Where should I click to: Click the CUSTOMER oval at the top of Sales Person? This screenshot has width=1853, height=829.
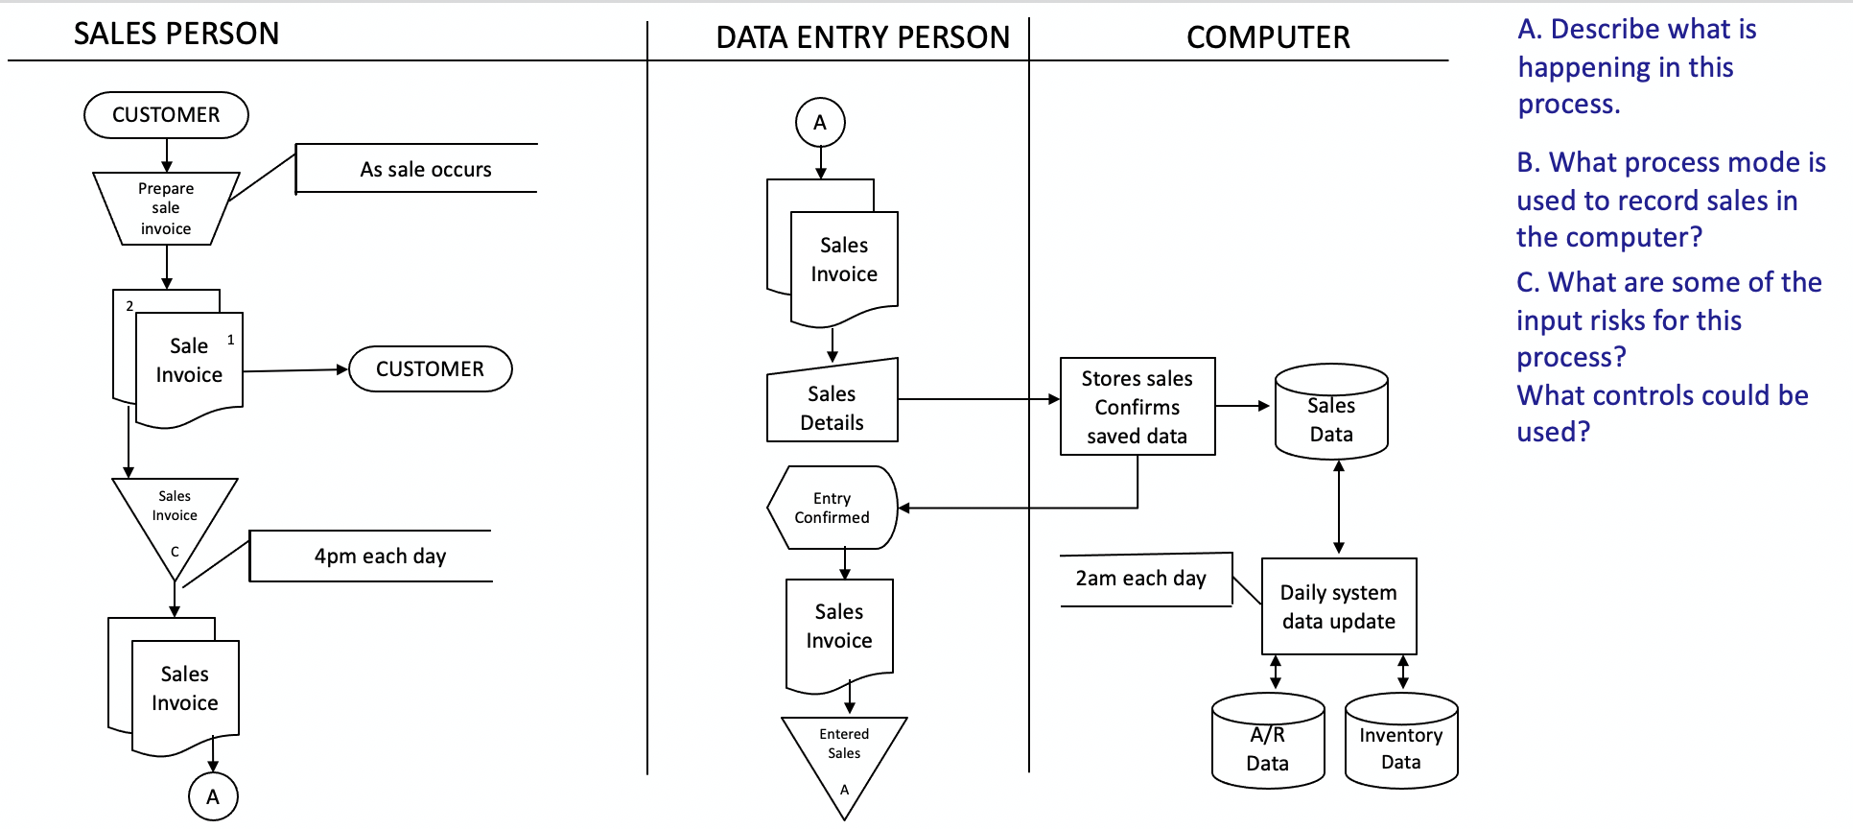[166, 115]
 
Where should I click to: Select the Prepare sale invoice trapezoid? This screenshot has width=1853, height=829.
[166, 208]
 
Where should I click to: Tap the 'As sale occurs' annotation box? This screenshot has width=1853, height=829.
[425, 169]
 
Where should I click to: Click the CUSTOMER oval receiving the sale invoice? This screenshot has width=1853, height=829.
[430, 369]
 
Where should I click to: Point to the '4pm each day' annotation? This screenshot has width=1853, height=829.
[380, 556]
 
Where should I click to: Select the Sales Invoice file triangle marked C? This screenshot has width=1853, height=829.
[175, 518]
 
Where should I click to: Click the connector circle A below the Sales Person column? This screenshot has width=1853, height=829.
[213, 796]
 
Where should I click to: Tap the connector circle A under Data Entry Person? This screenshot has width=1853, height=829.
[820, 123]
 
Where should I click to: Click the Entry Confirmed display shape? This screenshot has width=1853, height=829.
[832, 508]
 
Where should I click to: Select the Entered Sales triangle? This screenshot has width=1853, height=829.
[844, 753]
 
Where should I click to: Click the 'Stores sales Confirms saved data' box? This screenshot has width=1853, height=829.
[1138, 407]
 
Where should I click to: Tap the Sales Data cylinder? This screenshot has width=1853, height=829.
[1331, 413]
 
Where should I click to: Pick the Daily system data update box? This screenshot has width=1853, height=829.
[1339, 606]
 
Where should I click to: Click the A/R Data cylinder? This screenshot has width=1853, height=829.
[1268, 743]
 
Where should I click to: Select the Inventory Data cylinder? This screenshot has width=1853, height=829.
[1401, 743]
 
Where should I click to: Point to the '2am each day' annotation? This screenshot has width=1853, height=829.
[1141, 579]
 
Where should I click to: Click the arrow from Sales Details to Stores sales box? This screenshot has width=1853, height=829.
[978, 399]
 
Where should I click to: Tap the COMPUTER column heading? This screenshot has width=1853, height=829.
[1268, 37]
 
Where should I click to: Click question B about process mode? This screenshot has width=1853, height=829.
[1669, 200]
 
